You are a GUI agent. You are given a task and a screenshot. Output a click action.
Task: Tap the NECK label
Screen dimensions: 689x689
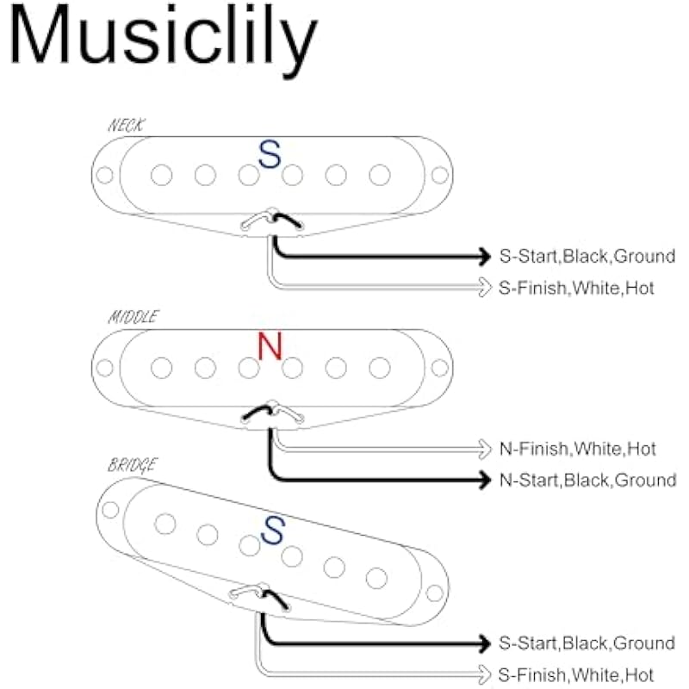(126, 126)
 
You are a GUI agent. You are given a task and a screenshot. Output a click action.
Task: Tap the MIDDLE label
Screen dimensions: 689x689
(133, 317)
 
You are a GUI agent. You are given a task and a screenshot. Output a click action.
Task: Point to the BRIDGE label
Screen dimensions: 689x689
(132, 465)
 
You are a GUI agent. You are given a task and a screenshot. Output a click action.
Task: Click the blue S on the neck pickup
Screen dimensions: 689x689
(270, 155)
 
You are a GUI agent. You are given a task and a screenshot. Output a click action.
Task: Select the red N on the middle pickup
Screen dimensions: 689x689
(270, 346)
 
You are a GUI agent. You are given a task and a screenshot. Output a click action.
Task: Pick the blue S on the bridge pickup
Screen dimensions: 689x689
(273, 530)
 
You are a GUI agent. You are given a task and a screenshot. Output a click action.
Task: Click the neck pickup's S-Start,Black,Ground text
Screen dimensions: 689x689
(587, 256)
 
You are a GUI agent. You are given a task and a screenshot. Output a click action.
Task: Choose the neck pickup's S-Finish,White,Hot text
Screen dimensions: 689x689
(576, 288)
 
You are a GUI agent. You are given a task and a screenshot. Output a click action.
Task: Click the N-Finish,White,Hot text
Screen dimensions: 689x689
(577, 449)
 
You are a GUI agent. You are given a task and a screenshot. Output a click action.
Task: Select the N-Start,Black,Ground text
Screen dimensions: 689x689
(588, 480)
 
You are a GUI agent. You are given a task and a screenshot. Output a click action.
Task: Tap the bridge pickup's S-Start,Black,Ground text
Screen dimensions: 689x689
(587, 643)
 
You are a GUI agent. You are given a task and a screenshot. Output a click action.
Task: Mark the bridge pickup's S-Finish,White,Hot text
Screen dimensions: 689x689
(576, 674)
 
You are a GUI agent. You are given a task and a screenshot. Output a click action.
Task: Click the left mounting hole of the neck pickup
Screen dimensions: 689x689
(104, 176)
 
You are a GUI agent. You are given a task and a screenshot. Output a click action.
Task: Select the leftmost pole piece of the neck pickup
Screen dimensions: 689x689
(160, 176)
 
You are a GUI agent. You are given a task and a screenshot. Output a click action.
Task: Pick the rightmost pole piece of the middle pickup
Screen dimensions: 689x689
(379, 368)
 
